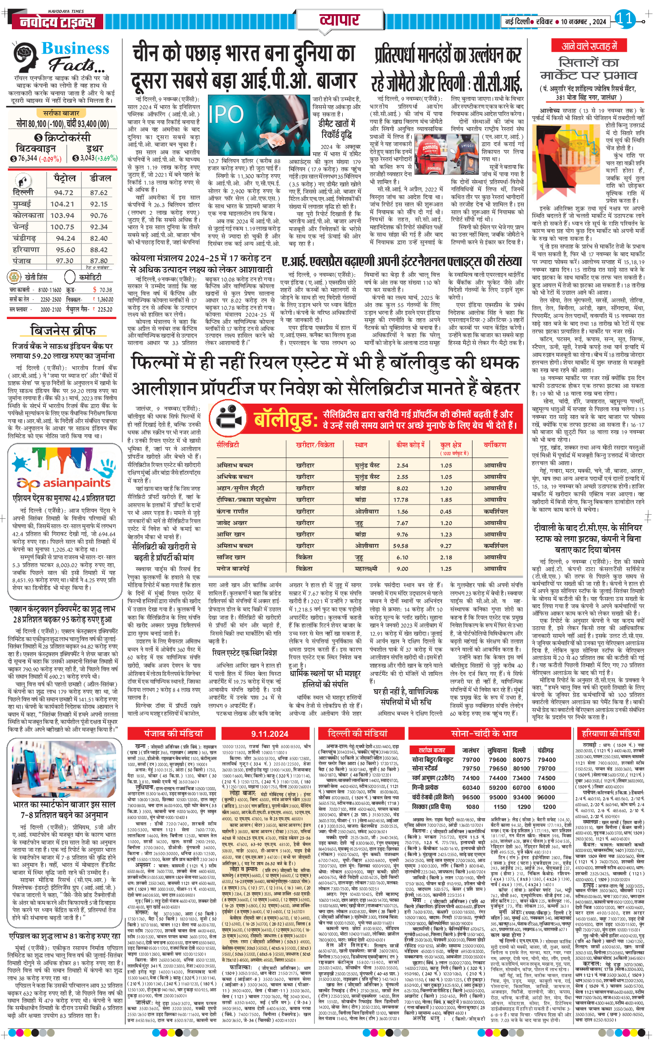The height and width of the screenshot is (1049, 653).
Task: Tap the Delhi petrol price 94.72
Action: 64,192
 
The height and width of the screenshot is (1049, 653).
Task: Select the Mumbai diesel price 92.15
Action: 99,204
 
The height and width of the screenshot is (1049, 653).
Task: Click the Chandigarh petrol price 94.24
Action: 65,238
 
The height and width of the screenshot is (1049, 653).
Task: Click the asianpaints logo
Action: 64,483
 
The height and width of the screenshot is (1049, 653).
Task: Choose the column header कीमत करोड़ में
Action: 410,444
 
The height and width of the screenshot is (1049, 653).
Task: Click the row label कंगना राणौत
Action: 232,511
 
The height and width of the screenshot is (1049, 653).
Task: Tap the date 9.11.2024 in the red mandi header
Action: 270,734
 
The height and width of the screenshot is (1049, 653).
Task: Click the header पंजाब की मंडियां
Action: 173,733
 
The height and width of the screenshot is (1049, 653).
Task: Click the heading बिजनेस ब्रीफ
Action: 63,330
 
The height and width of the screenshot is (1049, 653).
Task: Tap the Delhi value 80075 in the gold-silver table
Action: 521,760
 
